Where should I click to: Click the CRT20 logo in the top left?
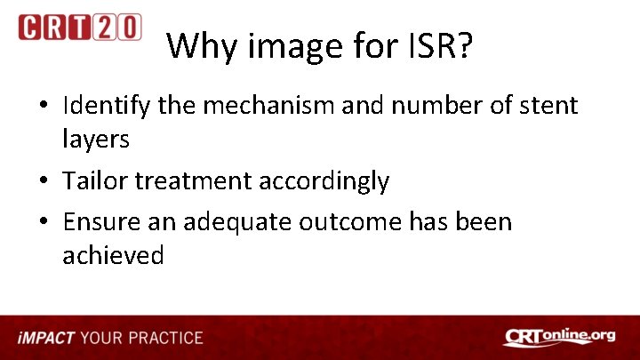pos(79,27)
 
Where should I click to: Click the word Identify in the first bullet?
pos(108,107)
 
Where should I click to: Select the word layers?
pos(95,138)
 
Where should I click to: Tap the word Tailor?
pos(95,180)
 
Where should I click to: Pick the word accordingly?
pos(324,181)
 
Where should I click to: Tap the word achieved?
pos(113,255)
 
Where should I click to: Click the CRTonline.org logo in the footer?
pos(559,337)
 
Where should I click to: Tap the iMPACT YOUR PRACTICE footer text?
pos(111,338)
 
